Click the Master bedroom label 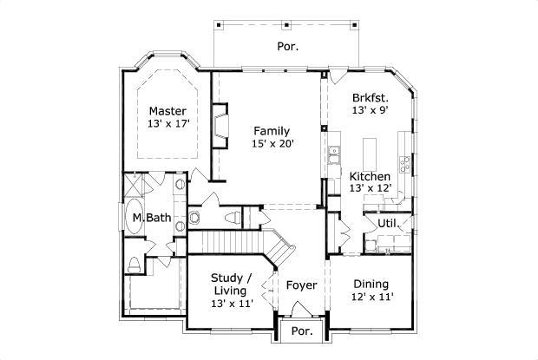pos(167,110)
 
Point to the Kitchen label pos(370,175)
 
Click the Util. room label pos(386,223)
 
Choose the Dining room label pos(371,284)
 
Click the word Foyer pos(301,285)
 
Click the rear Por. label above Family pos(288,46)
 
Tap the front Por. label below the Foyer pos(301,331)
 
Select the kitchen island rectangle pos(371,147)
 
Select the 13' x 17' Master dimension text pos(167,124)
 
